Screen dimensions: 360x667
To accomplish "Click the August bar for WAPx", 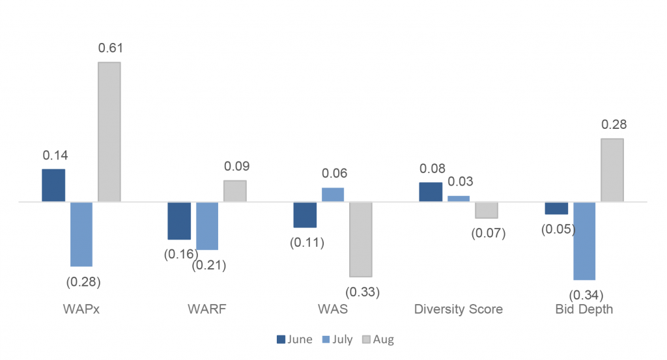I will pyautogui.click(x=109, y=132).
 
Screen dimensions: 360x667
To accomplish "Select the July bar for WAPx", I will pyautogui.click(x=81, y=234).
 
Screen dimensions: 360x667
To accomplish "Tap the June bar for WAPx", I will pyautogui.click(x=53, y=186).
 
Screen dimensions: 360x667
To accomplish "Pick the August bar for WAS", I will pyautogui.click(x=361, y=239).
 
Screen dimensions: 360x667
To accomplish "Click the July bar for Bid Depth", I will pyautogui.click(x=584, y=241).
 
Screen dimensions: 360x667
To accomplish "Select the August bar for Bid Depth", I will pyautogui.click(x=612, y=170).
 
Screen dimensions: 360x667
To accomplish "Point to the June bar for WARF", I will pyautogui.click(x=179, y=221).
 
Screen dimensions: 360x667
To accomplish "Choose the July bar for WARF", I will pyautogui.click(x=207, y=226).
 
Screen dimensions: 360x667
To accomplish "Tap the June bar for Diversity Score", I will pyautogui.click(x=431, y=192).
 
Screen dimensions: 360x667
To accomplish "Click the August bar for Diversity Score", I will pyautogui.click(x=487, y=210).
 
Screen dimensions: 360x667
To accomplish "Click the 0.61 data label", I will pyautogui.click(x=110, y=48).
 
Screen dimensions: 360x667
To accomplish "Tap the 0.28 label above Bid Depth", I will pyautogui.click(x=614, y=125).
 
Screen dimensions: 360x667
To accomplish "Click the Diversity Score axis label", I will pyautogui.click(x=459, y=309).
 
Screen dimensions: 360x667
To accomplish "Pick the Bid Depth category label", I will pyautogui.click(x=584, y=309).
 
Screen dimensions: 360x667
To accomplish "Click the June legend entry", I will pyautogui.click(x=295, y=339).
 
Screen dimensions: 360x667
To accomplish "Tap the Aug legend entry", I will pyautogui.click(x=377, y=339).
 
